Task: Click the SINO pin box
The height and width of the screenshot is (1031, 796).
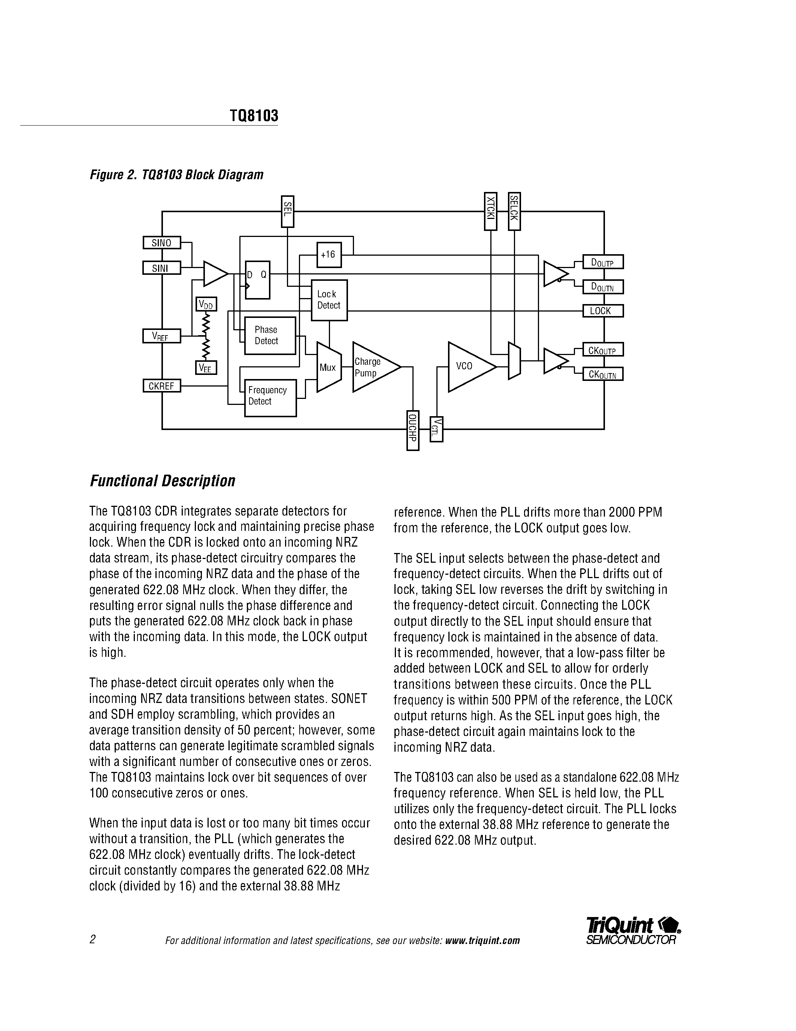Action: [x=161, y=243]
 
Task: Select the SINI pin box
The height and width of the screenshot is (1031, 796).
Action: [x=161, y=268]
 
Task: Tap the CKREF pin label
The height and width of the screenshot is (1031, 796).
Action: [x=161, y=386]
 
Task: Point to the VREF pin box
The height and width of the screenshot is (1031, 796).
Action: [x=161, y=336]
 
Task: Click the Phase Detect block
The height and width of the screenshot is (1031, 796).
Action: [x=270, y=336]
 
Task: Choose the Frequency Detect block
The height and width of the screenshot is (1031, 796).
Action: [x=270, y=398]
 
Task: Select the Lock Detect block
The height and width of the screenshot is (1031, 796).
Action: [x=329, y=300]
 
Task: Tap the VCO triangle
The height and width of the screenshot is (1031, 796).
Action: [x=468, y=367]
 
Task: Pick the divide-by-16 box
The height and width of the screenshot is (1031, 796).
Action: [x=329, y=255]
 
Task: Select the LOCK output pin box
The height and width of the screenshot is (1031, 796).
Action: [x=603, y=311]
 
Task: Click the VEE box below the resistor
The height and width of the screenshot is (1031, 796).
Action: [x=206, y=368]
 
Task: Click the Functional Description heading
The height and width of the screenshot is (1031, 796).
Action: [x=162, y=481]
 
